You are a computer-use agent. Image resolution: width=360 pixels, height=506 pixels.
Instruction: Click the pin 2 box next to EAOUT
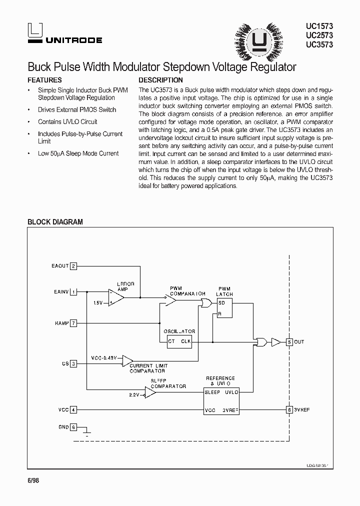point(73,266)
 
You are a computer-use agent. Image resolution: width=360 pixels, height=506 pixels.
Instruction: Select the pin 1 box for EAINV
point(73,291)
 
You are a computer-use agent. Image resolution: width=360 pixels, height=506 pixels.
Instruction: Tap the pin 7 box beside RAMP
point(73,323)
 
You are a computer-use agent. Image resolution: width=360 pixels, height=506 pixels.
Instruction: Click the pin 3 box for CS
point(73,363)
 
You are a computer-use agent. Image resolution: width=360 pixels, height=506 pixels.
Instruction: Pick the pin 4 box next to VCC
point(73,410)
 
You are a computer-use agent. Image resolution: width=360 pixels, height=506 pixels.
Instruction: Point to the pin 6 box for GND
point(73,427)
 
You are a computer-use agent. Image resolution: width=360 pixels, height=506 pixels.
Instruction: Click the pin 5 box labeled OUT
point(289,342)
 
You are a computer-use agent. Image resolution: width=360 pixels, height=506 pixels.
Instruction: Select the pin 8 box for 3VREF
point(289,410)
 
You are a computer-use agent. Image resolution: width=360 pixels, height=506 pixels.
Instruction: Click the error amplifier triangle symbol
point(115,297)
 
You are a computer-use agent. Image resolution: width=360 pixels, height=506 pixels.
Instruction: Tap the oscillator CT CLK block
point(179,342)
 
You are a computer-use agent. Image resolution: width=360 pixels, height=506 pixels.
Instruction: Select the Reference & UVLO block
point(221,401)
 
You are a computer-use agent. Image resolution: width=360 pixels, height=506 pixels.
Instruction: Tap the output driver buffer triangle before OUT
point(276,342)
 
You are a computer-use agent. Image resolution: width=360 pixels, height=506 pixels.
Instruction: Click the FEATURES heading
point(44,80)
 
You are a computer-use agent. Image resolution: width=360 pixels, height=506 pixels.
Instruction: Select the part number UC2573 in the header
point(319,35)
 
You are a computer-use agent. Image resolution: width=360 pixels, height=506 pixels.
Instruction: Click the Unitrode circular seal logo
point(258,38)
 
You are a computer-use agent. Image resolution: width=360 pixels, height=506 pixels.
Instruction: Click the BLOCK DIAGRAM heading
point(55,222)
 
